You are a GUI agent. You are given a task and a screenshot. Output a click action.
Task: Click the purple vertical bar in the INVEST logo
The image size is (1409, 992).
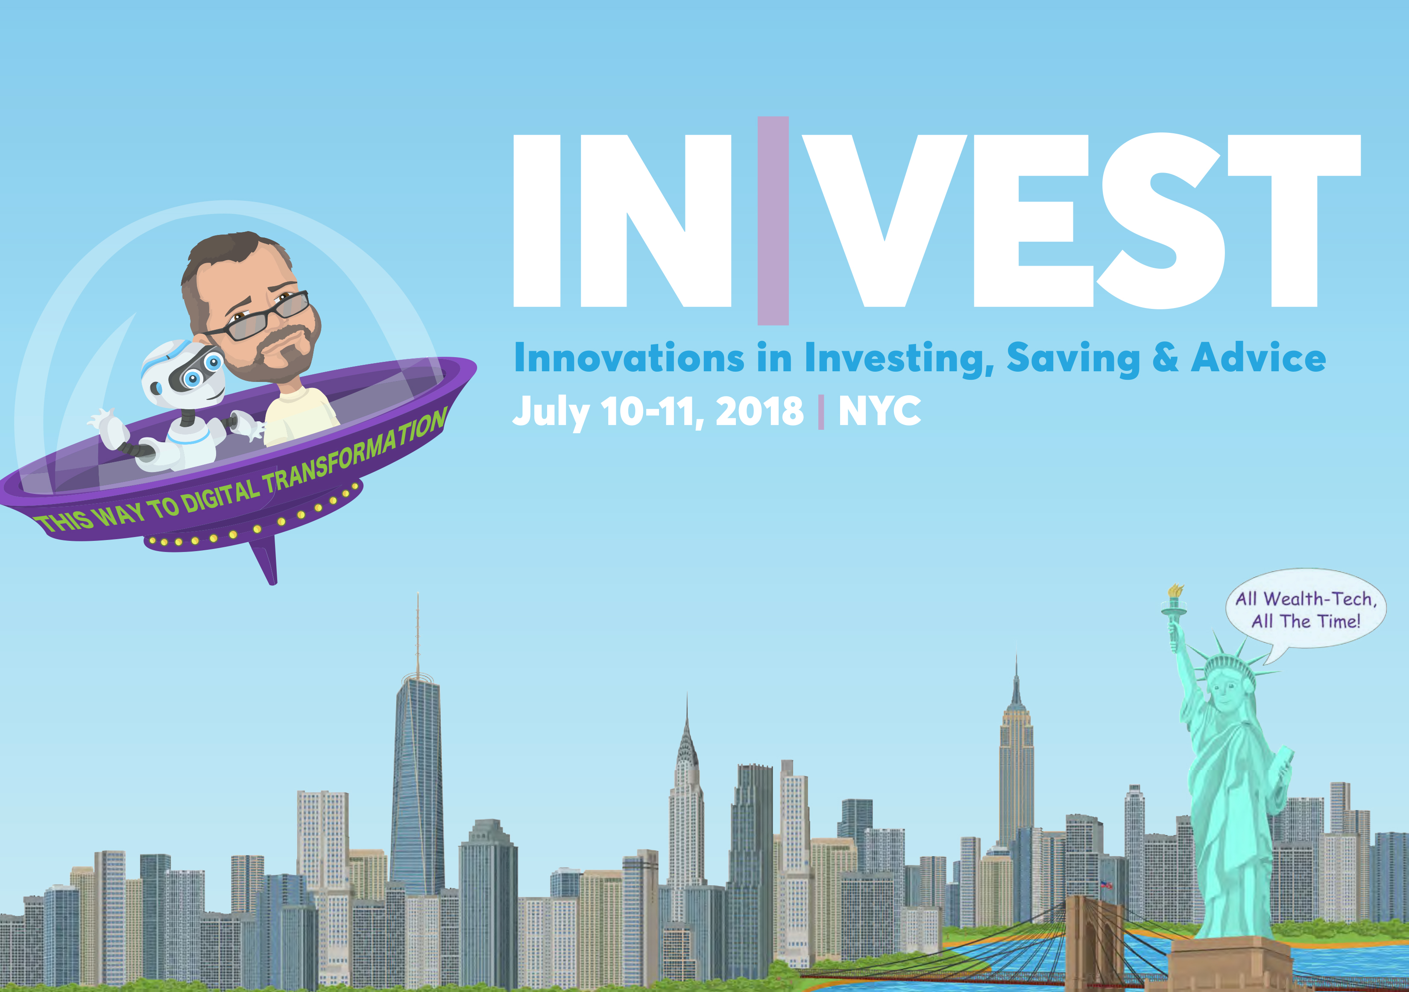point(773,220)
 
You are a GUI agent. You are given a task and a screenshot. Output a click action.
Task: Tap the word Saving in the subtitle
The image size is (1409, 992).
point(1073,359)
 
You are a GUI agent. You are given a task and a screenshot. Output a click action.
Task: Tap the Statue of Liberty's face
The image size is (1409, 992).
point(1225,694)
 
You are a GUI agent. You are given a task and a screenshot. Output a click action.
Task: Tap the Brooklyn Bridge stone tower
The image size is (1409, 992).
point(1095,942)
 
